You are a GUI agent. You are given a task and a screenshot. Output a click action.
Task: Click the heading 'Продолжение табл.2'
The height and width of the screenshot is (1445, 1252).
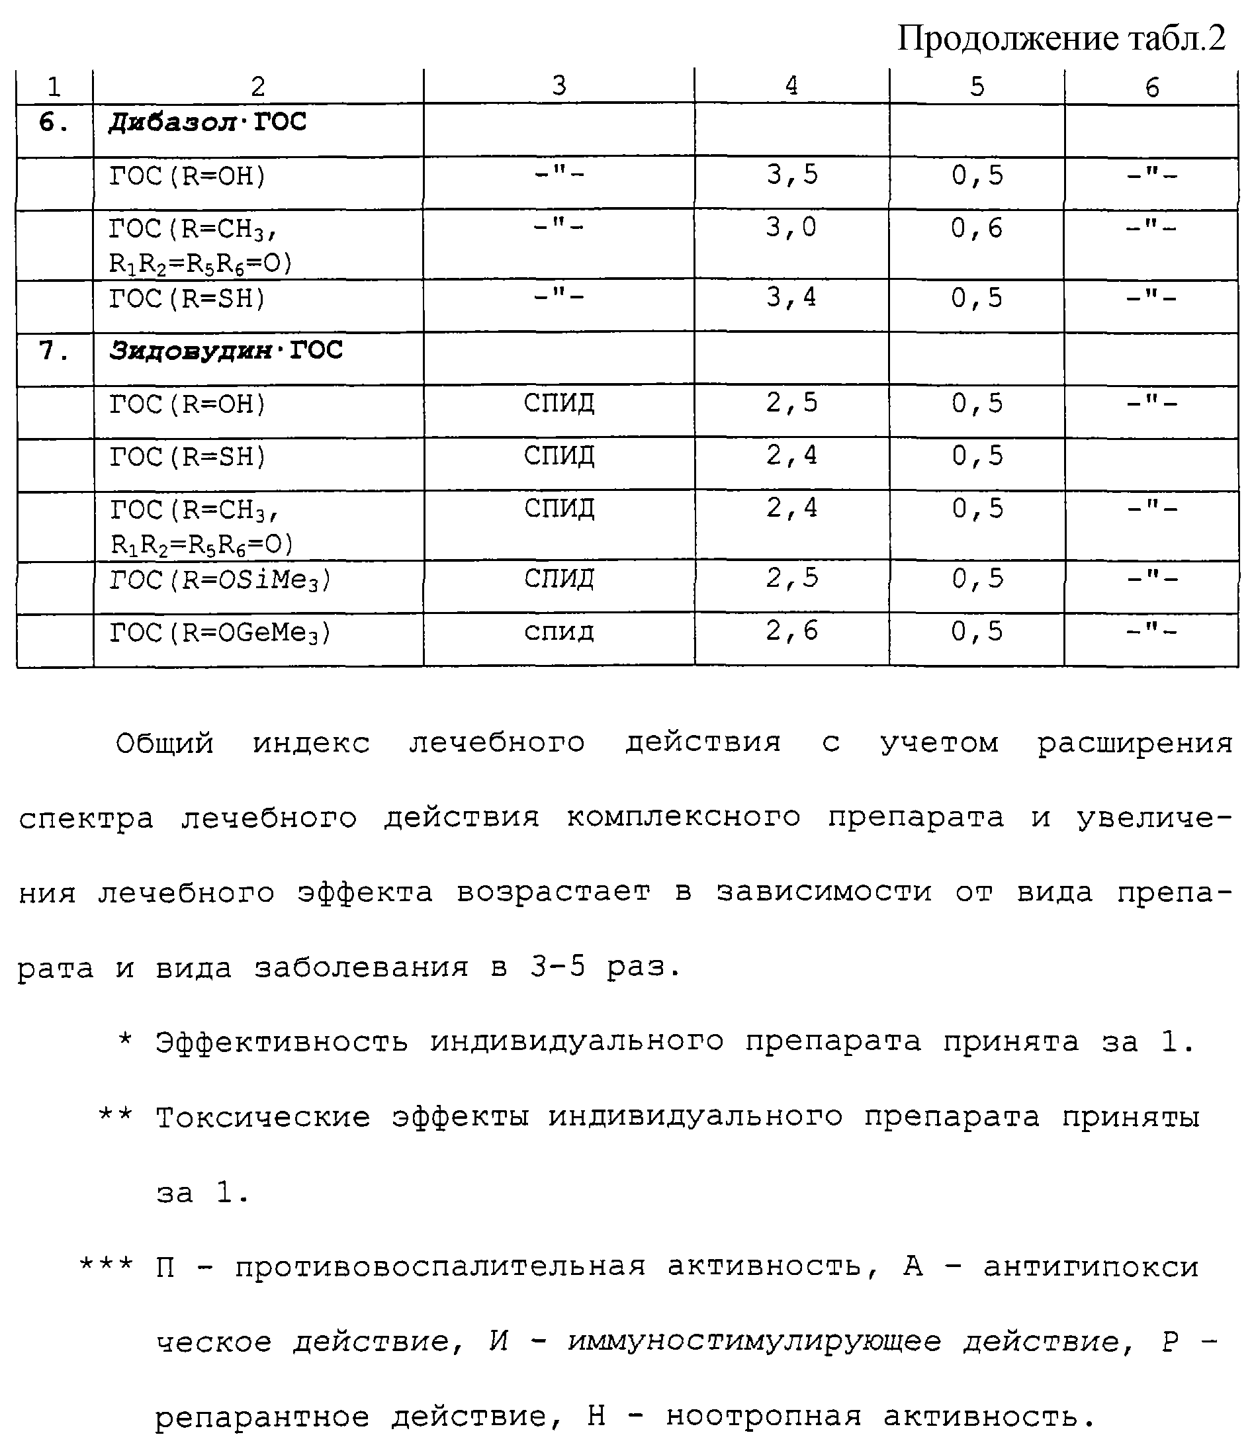pyautogui.click(x=1061, y=38)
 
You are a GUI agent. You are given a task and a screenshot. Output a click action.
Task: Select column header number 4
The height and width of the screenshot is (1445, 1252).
pyautogui.click(x=791, y=86)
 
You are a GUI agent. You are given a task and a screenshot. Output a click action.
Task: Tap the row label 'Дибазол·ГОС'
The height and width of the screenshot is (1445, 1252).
pyautogui.click(x=208, y=123)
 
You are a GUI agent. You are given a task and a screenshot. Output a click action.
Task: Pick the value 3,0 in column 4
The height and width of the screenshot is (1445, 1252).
pyautogui.click(x=791, y=228)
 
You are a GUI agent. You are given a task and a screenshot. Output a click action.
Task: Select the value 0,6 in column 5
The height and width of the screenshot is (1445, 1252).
pyautogui.click(x=977, y=228)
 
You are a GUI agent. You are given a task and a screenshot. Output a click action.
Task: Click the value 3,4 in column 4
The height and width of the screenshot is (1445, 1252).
pyautogui.click(x=791, y=298)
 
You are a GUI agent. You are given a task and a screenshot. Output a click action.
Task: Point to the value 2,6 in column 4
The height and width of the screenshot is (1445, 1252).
pyautogui.click(x=791, y=631)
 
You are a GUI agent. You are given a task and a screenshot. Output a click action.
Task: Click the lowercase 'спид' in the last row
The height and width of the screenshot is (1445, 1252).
pyautogui.click(x=559, y=632)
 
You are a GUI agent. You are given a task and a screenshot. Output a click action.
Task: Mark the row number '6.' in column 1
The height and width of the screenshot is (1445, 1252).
pyautogui.click(x=54, y=123)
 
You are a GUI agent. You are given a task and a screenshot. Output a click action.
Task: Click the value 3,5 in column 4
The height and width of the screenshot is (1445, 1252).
pyautogui.click(x=791, y=175)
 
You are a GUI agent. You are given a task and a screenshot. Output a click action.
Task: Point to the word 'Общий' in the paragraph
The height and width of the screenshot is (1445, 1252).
pyautogui.click(x=165, y=744)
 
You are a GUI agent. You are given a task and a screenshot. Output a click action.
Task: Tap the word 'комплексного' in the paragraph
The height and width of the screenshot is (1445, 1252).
pyautogui.click(x=684, y=818)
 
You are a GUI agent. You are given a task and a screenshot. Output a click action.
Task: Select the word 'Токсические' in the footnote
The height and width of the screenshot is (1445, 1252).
pyautogui.click(x=263, y=1118)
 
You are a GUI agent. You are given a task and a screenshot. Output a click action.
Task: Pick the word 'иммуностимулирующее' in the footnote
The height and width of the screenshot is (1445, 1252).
pyautogui.click(x=754, y=1342)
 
